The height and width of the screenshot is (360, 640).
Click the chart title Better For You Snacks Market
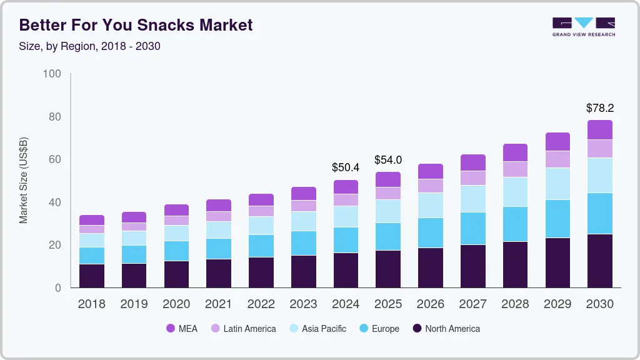tap(136, 25)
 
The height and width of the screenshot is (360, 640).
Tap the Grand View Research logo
tap(583, 27)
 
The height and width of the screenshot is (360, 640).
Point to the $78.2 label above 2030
tap(599, 108)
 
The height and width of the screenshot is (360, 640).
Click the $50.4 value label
tap(346, 167)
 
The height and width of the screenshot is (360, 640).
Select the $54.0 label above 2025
tap(388, 160)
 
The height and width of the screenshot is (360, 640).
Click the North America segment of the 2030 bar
tap(599, 261)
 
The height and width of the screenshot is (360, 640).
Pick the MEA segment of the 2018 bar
tap(92, 220)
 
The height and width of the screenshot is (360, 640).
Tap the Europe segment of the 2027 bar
tap(473, 228)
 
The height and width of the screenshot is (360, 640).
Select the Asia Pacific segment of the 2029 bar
tap(557, 184)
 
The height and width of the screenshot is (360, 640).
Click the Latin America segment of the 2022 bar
tap(261, 211)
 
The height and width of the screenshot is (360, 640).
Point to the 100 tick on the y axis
tap(52, 74)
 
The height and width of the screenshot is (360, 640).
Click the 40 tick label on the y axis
tap(55, 202)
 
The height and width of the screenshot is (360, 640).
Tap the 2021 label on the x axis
tap(218, 304)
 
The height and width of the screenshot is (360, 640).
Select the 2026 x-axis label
tap(431, 304)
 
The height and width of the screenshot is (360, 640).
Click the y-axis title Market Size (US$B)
tap(24, 181)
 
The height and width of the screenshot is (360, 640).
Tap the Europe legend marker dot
tap(364, 329)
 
